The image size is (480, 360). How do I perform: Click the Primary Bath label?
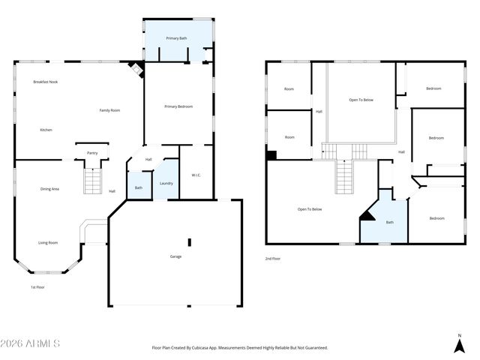point(176,37)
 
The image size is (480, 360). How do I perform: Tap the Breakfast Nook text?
point(46,82)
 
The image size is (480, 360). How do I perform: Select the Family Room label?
point(110,110)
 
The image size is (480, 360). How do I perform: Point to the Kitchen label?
point(46,130)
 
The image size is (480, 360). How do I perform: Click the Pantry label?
point(92,153)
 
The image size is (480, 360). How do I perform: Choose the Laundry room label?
point(166,183)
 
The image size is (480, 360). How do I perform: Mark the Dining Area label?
point(49,189)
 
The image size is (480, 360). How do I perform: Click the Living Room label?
point(49,242)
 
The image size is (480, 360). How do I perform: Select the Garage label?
point(175,256)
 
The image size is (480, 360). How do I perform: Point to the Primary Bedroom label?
point(178,106)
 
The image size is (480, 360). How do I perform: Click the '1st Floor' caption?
point(38,286)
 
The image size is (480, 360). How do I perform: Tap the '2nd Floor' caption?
point(273,259)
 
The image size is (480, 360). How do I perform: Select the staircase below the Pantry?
point(91,181)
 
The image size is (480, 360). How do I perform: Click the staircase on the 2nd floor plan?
point(343,176)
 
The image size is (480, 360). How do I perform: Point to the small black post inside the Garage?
point(190,242)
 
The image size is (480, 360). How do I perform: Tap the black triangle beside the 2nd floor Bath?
point(367,214)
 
